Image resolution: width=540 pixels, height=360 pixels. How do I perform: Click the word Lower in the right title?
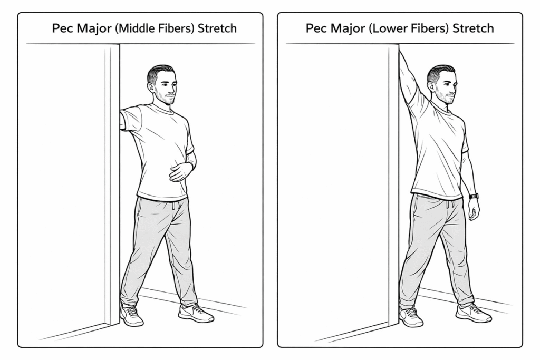point(387,28)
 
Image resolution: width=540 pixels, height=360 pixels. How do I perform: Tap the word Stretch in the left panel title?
point(217,28)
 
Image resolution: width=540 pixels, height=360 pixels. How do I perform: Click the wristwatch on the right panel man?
point(474,197)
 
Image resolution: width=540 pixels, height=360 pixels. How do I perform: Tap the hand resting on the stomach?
point(182,171)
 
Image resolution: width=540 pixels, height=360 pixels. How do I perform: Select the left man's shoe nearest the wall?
point(131,315)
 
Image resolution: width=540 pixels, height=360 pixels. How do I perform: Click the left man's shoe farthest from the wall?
point(196,313)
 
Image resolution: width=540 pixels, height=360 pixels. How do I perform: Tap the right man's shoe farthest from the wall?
point(474,313)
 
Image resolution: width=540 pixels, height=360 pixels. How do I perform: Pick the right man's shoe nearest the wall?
point(411,316)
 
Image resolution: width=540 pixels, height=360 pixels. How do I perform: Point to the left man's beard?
point(165,97)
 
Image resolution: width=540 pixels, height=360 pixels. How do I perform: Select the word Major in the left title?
point(93,28)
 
